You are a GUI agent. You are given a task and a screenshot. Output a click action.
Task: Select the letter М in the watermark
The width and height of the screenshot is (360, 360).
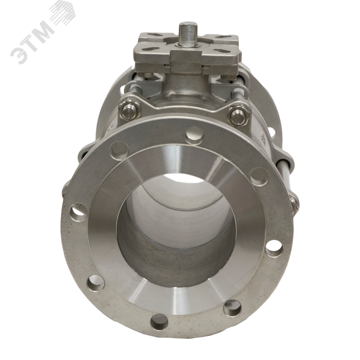[45, 28]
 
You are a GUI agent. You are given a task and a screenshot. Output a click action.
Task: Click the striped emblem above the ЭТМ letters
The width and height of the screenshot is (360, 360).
[62, 11]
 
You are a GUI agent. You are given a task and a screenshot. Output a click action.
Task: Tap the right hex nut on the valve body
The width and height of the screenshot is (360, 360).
[238, 115]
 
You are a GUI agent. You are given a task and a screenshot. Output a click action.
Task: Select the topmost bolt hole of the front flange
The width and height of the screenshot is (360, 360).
[194, 136]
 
